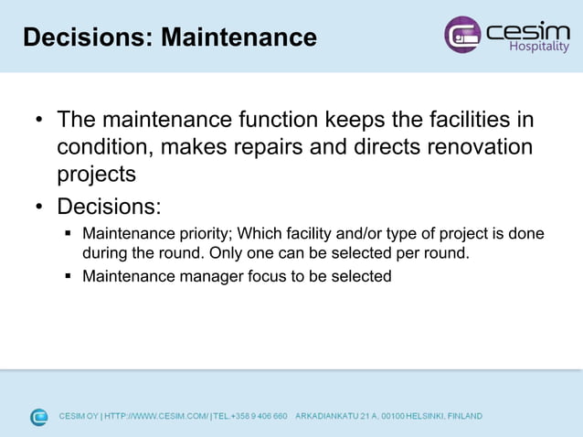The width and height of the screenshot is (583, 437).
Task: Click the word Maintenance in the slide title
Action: (x=238, y=37)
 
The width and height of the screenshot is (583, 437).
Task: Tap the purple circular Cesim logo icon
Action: (x=461, y=35)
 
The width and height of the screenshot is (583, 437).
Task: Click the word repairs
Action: (x=282, y=147)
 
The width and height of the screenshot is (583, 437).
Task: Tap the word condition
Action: (x=101, y=147)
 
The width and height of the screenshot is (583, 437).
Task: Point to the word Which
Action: (x=260, y=233)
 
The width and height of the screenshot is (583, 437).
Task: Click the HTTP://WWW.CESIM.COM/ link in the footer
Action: (x=156, y=417)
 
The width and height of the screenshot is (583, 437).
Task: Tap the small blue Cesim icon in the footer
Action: (x=39, y=417)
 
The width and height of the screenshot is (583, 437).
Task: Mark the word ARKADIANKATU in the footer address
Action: (x=329, y=417)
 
